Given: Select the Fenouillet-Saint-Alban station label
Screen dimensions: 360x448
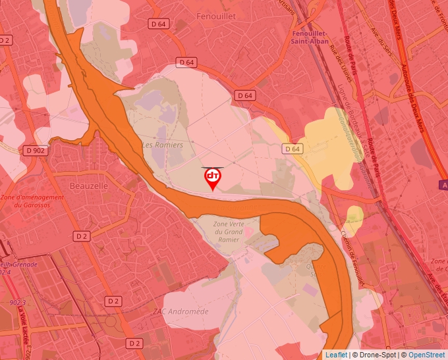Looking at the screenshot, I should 310,37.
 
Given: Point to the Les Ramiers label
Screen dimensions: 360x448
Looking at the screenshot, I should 163,144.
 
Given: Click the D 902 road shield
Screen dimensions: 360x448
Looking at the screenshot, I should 36,150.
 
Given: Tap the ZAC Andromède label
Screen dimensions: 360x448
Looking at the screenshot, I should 180,311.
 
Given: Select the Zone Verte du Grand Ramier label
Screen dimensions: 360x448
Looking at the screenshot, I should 228,232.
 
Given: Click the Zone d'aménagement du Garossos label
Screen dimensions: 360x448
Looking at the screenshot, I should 32,201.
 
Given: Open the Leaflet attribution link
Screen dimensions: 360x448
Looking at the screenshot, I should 337,355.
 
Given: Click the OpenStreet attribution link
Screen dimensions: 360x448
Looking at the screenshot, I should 428,355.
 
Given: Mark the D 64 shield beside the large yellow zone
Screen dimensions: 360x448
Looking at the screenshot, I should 293,149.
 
